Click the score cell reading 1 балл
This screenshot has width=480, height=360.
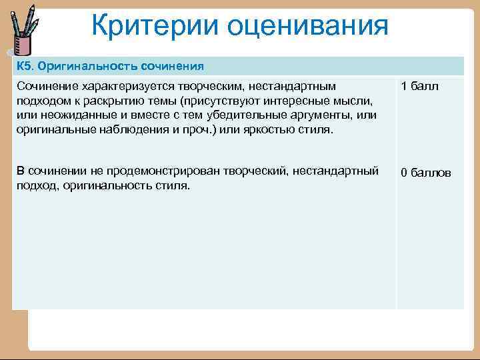click(419, 87)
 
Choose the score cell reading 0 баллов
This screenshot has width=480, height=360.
click(425, 173)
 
